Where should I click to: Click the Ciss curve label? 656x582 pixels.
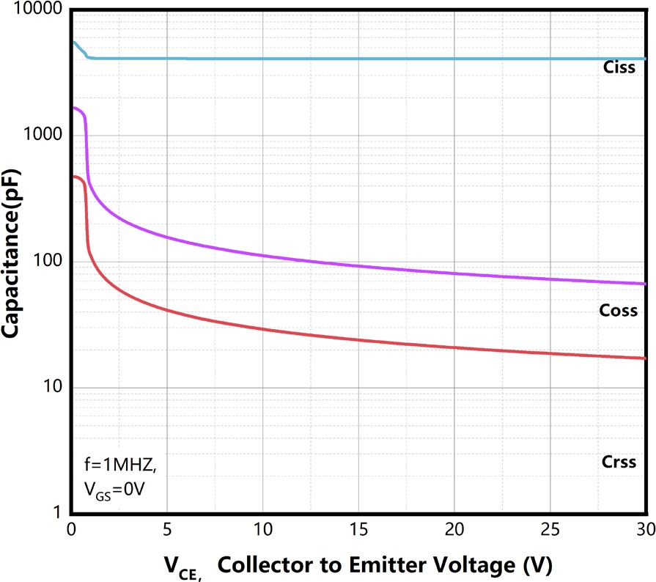point(619,68)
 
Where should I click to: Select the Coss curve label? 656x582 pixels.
point(619,311)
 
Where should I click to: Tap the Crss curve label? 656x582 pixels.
point(619,463)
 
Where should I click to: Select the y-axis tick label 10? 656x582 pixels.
point(51,388)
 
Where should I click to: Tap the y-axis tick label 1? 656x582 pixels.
point(56,515)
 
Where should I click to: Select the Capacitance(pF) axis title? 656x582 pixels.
point(12,254)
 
